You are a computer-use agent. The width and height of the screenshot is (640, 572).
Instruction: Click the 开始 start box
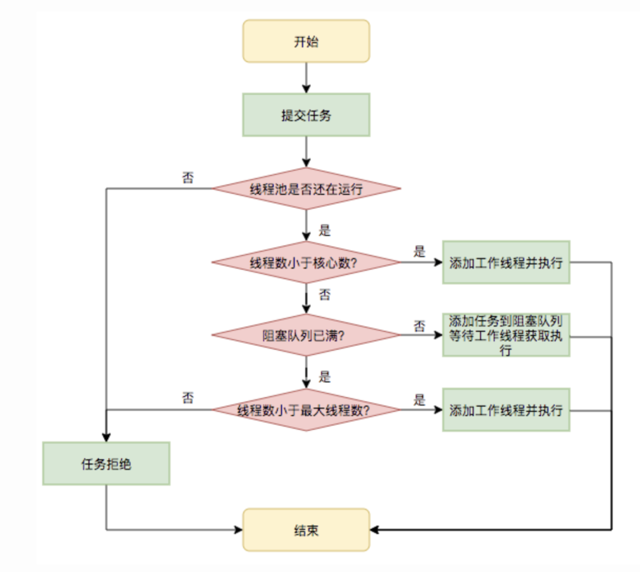pos(306,41)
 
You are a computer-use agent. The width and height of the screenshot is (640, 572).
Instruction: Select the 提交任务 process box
pos(306,115)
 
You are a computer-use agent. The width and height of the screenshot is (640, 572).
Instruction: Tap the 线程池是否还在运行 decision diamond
pos(306,189)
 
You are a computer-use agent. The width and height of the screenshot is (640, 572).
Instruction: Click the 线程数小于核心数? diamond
pos(306,263)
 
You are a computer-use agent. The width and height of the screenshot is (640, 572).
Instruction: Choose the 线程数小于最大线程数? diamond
pos(306,410)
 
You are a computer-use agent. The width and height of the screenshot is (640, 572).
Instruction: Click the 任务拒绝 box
pos(106,464)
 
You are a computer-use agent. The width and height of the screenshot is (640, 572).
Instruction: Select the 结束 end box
pos(306,529)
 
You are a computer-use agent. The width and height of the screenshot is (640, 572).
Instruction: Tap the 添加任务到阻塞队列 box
pos(505,335)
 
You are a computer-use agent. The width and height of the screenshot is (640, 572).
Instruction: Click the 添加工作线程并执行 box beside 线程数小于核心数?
pos(505,263)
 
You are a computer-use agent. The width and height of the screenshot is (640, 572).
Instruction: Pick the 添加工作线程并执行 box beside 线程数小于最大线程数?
pos(505,410)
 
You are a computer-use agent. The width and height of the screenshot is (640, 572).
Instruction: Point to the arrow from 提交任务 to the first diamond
pos(306,152)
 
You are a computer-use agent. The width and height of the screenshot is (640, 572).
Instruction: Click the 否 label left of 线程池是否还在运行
pos(188,178)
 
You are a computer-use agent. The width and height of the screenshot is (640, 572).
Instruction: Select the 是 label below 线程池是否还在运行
pos(324,230)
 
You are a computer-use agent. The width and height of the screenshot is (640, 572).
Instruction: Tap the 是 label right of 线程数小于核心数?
pos(420,251)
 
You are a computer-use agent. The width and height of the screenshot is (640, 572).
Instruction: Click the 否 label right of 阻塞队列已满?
pos(420,325)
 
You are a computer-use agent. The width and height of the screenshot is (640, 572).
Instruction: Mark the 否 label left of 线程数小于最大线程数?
pos(188,398)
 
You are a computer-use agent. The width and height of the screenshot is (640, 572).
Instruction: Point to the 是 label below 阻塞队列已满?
pos(324,377)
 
